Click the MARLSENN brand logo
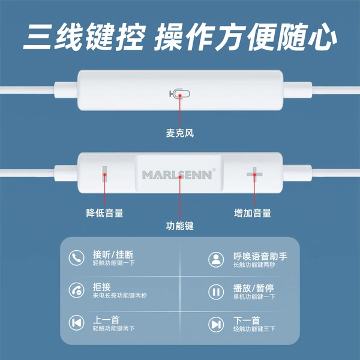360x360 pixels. [177, 175]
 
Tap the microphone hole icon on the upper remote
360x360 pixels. [180, 94]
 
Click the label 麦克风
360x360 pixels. [180, 133]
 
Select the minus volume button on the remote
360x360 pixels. [104, 174]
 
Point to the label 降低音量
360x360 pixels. [104, 213]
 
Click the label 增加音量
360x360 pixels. [253, 213]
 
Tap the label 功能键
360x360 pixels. [180, 226]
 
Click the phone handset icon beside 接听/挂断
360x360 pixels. [76, 258]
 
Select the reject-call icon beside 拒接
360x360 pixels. [76, 290]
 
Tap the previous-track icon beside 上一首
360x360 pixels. [76, 323]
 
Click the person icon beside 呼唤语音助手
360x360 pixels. [216, 260]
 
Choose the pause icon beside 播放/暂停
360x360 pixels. [216, 292]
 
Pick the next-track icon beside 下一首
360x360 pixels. [216, 325]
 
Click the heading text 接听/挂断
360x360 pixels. [113, 254]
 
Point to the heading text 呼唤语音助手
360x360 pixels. [260, 256]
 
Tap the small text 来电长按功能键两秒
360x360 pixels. [119, 295]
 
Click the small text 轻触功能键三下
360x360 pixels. [254, 329]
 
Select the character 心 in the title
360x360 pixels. [322, 37]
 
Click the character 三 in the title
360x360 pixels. [38, 37]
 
